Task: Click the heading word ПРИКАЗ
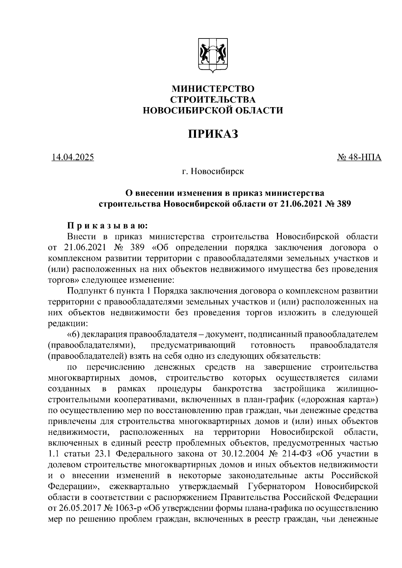pyautogui.click(x=213, y=134)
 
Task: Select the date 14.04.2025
pyautogui.click(x=73, y=157)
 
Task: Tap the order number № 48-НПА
pyautogui.click(x=359, y=157)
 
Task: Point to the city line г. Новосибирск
pyautogui.click(x=213, y=172)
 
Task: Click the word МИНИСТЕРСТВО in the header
pyautogui.click(x=213, y=89)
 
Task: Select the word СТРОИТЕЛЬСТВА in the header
pyautogui.click(x=213, y=100)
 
